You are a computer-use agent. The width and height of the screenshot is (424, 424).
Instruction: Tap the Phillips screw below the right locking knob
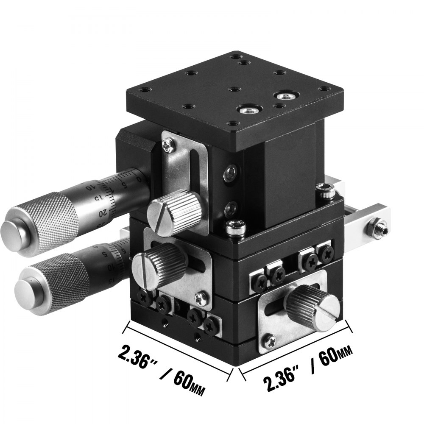pos(269,339)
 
